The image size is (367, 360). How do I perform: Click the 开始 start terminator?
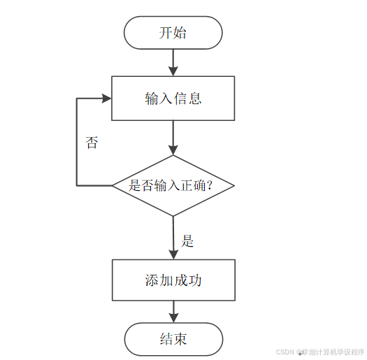[x=173, y=33]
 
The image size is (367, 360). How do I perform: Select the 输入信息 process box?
[x=173, y=99]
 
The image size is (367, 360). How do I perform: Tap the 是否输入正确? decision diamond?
[x=173, y=186]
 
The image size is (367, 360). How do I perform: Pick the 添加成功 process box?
[x=173, y=280]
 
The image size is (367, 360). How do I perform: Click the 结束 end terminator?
[x=173, y=339]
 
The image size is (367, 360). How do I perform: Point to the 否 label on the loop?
[x=92, y=143]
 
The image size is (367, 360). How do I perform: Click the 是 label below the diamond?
[x=187, y=240]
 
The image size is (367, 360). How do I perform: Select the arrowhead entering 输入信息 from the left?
[x=107, y=99]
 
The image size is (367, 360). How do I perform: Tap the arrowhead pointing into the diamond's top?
[x=173, y=150]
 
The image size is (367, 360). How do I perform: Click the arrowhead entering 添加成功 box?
[x=173, y=254]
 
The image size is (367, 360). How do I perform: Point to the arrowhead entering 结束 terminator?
[x=173, y=318]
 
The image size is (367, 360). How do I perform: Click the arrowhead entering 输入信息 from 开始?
[x=173, y=71]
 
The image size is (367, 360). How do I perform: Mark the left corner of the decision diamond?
[x=113, y=186]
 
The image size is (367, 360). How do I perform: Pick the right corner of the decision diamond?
[x=234, y=186]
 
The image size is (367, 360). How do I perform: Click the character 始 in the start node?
[x=180, y=33]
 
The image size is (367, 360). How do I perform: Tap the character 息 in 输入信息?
[x=195, y=99]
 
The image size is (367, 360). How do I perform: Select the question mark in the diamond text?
[x=209, y=185]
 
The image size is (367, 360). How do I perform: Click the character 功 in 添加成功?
[x=195, y=280]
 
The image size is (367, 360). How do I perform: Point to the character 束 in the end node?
[x=180, y=339]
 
